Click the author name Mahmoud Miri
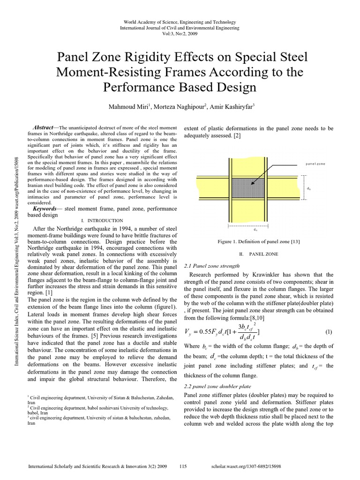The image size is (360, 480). tap(127, 106)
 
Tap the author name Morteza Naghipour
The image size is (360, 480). tap(177, 106)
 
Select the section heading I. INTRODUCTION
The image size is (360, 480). tap(102, 220)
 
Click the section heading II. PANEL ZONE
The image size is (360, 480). tap(258, 254)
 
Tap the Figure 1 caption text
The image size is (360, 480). tap(259, 241)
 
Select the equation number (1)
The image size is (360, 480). tap(328, 332)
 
